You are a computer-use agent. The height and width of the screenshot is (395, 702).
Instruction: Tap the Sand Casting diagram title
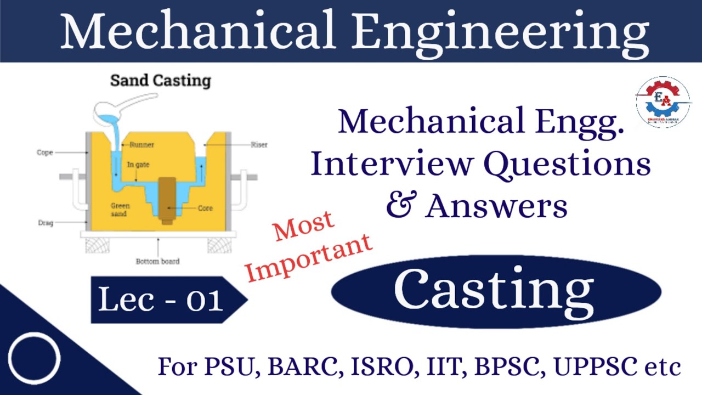(x=161, y=81)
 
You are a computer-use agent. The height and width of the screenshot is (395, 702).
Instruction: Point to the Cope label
(x=45, y=153)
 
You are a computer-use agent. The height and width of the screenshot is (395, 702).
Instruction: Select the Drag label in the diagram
(x=45, y=223)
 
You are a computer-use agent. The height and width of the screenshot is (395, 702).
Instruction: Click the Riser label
(x=259, y=145)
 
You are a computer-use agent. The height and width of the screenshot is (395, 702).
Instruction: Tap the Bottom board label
(x=157, y=261)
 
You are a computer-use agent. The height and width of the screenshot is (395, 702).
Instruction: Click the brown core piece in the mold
(x=167, y=200)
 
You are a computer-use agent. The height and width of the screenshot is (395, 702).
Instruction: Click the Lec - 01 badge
(x=162, y=300)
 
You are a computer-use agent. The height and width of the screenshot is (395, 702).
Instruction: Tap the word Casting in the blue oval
(x=494, y=291)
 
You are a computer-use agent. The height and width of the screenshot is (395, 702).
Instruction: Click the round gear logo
(x=663, y=102)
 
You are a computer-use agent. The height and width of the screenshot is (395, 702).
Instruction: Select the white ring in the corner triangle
(x=34, y=358)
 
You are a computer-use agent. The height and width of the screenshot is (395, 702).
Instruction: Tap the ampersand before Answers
(x=400, y=206)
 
